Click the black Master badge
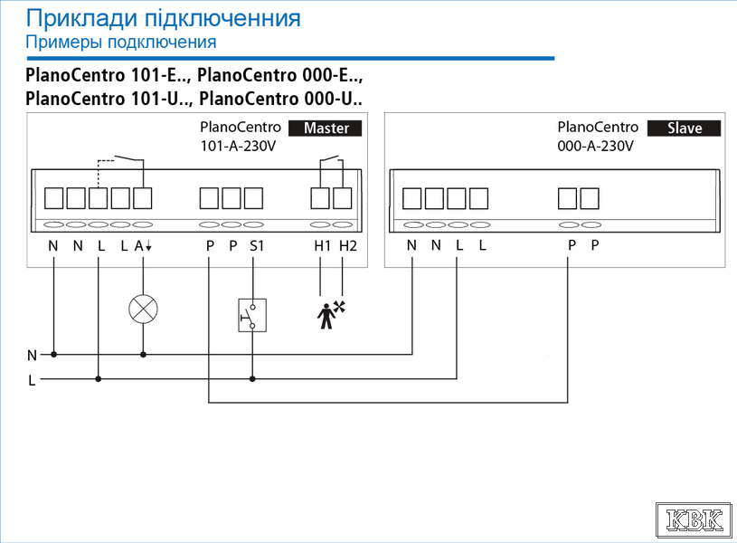[325, 128]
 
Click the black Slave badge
[684, 128]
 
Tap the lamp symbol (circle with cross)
[144, 310]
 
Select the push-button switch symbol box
[252, 315]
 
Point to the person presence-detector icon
[331, 315]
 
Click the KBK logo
[694, 520]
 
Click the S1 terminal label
[257, 245]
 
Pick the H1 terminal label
[322, 245]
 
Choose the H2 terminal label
[348, 245]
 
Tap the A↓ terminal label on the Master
[143, 245]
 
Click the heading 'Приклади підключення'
[163, 18]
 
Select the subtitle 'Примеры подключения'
[121, 42]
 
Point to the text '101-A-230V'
[238, 146]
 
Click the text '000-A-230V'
[595, 146]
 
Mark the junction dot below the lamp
[144, 355]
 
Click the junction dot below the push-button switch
[252, 379]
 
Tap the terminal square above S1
[253, 198]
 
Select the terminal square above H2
[342, 198]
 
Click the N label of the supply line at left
[32, 356]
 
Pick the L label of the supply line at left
[32, 380]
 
